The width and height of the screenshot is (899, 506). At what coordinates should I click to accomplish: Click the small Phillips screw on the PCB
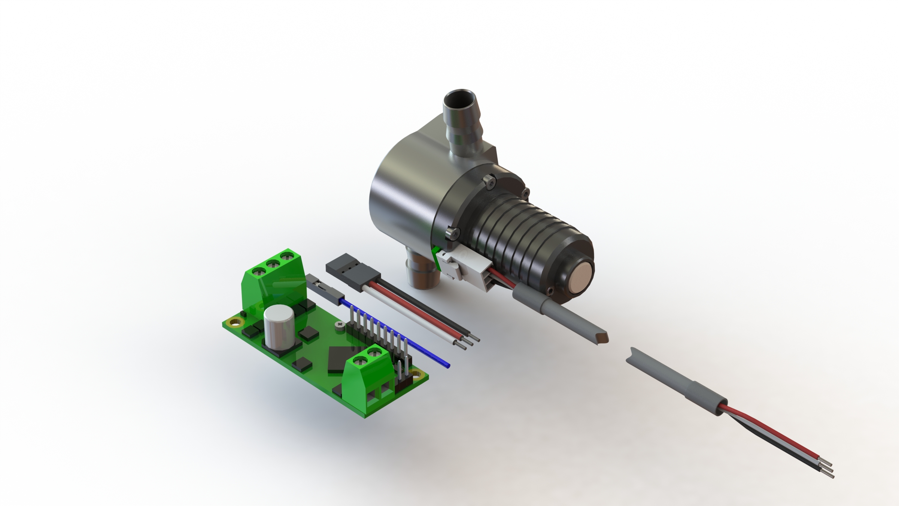340,325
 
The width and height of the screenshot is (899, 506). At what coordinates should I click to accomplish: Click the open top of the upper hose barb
460,100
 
